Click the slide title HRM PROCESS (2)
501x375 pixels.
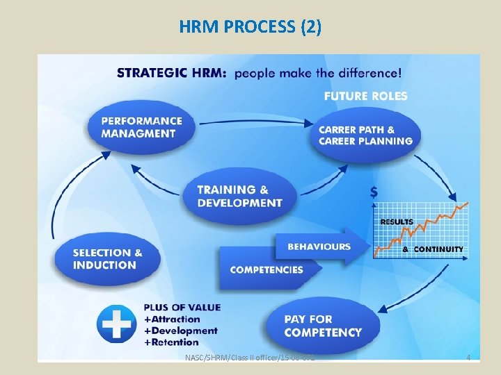pos(250,27)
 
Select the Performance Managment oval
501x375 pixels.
pos(141,127)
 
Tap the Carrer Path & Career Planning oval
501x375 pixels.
pos(365,135)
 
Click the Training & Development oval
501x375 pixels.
pos(239,196)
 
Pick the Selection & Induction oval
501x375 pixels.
pos(107,259)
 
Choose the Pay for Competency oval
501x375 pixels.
pos(323,326)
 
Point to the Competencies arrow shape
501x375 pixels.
pos(267,269)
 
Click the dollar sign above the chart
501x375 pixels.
pos(375,192)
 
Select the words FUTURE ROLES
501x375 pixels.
pos(365,96)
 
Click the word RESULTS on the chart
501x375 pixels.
pos(397,222)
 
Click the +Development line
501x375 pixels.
pos(181,331)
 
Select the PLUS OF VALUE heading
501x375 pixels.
pos(182,307)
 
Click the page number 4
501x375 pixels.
pos(468,358)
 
